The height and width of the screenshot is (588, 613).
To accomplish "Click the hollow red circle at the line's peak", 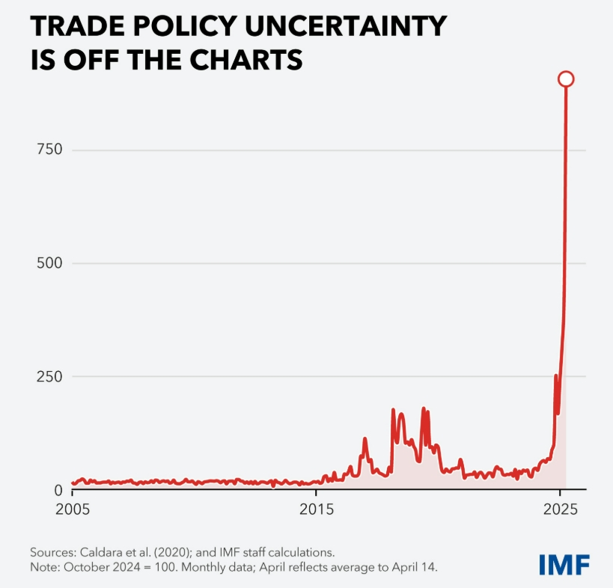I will [566, 79].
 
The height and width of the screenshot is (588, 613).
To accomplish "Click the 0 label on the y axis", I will [57, 490].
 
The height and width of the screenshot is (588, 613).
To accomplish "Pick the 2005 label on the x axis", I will [72, 509].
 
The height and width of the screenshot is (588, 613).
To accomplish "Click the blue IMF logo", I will [564, 564].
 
